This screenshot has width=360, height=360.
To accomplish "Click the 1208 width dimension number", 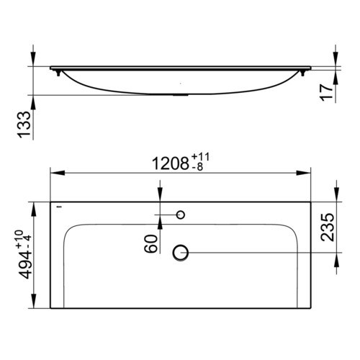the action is tap(170, 163).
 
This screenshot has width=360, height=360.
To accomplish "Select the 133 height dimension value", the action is tap(24, 125).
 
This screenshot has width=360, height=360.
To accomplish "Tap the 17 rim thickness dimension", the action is tap(327, 93).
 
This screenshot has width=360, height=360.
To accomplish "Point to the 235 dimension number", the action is tap(327, 227).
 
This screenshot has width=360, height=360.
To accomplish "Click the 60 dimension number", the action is tap(150, 244).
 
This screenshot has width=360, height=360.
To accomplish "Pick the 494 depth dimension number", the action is tap(25, 265).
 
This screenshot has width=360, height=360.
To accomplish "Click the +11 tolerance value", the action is tap(200, 158).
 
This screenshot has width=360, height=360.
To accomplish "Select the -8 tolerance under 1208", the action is tap(197, 167).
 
